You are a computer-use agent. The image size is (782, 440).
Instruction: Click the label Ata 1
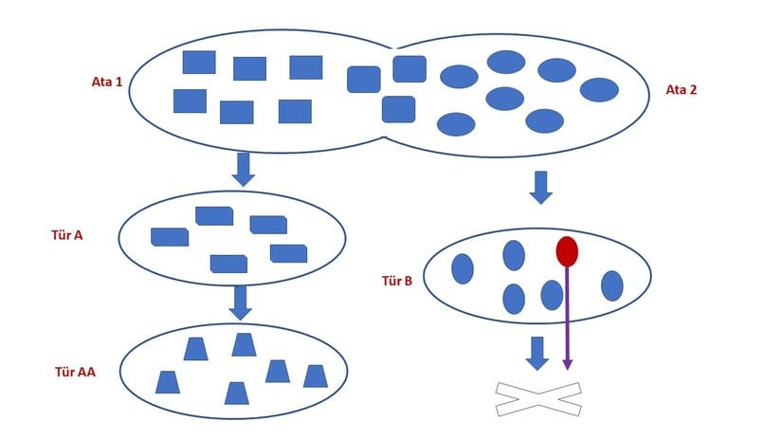(107, 82)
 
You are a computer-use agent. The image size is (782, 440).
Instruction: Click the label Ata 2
(681, 90)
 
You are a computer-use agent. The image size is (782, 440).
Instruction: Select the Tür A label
(66, 234)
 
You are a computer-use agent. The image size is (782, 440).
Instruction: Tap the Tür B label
(396, 281)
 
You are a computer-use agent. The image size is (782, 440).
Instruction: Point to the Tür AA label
(75, 372)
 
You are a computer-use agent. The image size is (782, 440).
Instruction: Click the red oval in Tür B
(567, 251)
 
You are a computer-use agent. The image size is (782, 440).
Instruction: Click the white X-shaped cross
(538, 399)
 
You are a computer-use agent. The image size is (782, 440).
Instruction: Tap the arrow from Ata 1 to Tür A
(244, 169)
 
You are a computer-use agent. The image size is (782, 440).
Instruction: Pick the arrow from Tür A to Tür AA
(241, 302)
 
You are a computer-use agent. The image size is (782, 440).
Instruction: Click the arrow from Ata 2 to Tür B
(540, 187)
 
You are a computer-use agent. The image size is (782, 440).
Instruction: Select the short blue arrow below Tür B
(537, 353)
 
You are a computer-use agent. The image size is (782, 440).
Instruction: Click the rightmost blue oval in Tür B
(612, 285)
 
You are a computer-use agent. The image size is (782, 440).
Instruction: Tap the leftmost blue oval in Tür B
(463, 268)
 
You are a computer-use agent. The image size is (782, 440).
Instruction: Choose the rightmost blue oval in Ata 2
(599, 90)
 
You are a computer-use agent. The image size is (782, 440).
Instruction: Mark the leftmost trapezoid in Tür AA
(168, 382)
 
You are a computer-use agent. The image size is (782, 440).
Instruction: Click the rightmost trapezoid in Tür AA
(316, 376)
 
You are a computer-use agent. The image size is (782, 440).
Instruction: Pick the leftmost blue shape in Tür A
(170, 237)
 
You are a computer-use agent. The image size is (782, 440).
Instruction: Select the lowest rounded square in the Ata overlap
(398, 109)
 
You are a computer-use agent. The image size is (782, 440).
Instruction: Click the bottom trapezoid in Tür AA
(237, 393)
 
